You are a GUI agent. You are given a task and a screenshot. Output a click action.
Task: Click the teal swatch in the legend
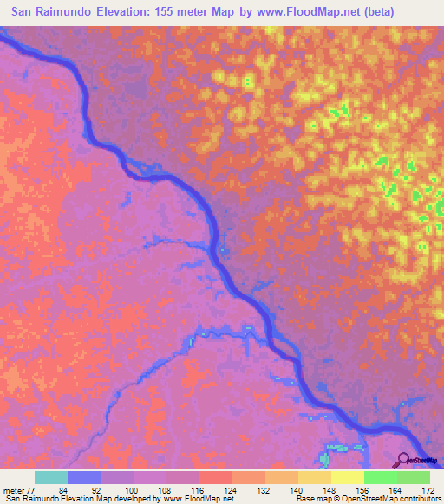(x=51, y=478)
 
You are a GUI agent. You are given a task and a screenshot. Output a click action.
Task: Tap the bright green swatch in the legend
(x=380, y=478)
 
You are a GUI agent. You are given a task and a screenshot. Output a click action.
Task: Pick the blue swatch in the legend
(x=84, y=478)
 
